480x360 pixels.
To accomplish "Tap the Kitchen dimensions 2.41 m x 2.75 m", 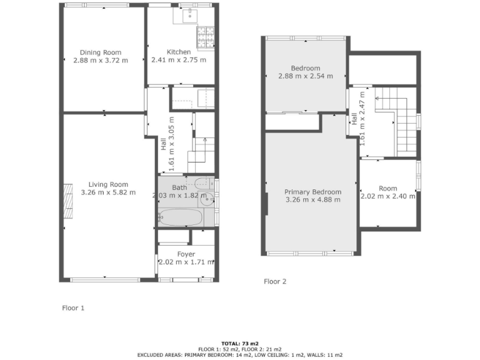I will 178,61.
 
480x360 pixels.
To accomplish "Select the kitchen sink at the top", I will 190,16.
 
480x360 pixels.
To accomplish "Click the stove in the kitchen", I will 206,39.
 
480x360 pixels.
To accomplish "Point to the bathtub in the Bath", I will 180,217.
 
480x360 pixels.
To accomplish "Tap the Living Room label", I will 108,184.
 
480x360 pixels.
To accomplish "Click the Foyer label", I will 186,254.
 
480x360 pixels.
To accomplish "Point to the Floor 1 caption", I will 72,307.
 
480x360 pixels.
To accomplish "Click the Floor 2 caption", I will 275,281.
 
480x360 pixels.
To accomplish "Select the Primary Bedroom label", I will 312,192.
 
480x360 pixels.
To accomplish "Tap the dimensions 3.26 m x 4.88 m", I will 312,200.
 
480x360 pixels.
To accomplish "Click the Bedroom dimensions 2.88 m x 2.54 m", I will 305,76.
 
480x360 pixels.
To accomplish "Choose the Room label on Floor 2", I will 387,188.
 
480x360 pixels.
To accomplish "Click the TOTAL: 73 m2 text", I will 240,343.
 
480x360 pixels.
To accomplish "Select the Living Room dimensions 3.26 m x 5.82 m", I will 108,192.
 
